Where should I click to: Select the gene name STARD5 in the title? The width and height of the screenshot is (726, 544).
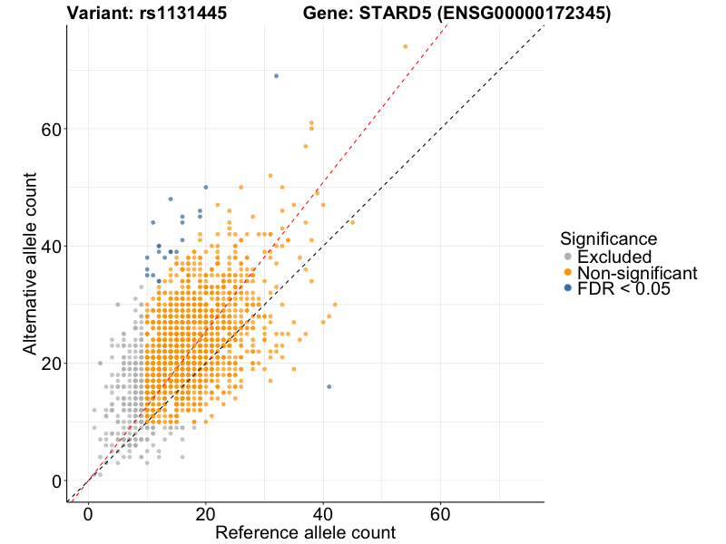378,14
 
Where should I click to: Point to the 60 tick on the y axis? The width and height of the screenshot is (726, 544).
52,129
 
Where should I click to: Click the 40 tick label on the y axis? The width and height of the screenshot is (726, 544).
52,246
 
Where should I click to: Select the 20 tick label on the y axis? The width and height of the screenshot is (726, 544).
52,363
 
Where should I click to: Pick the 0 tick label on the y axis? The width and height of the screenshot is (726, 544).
56,481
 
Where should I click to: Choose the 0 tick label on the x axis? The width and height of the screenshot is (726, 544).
88,513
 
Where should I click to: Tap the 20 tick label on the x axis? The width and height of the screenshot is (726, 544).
206,513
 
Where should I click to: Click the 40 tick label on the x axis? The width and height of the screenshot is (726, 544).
323,513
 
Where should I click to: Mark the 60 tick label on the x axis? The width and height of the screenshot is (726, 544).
441,513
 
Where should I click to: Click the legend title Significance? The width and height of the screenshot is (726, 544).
608,238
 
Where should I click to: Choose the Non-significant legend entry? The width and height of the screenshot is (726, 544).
636,272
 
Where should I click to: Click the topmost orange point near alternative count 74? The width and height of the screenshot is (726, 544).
406,46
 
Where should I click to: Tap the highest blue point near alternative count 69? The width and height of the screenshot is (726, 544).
276,76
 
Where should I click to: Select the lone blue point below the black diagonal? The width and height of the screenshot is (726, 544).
329,386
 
